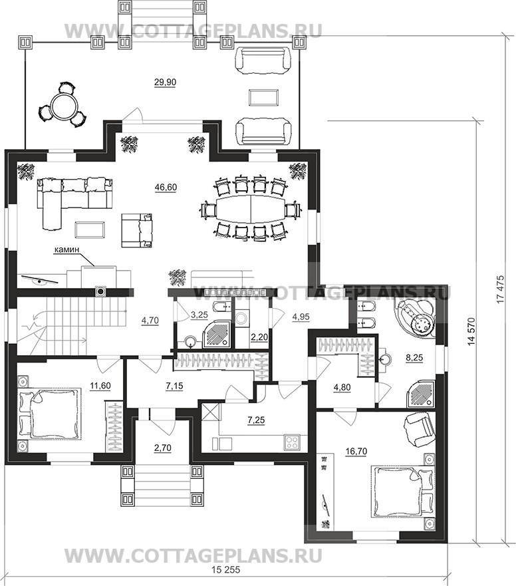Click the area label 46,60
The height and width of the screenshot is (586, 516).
click(166, 187)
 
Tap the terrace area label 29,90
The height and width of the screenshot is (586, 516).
click(165, 82)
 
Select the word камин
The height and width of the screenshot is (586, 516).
click(67, 249)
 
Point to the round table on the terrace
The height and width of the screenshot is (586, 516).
click(63, 106)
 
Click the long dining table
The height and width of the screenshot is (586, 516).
click(250, 208)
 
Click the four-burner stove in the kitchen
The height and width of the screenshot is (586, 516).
click(292, 442)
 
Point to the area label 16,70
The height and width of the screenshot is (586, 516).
click(356, 451)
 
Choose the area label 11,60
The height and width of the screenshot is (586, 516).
click(100, 385)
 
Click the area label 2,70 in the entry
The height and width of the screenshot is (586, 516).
click(162, 448)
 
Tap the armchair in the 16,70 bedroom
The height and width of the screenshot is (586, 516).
click(420, 430)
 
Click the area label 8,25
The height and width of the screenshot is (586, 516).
click(414, 358)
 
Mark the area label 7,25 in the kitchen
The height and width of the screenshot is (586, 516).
click(256, 420)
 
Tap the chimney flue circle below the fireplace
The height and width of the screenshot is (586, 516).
click(101, 291)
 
